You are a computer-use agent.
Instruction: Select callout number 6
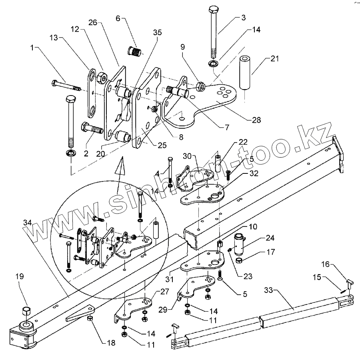[118, 19]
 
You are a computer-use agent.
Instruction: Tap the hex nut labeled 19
[26, 311]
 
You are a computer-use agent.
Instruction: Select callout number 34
[27, 222]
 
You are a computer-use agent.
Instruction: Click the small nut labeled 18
[90, 318]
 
